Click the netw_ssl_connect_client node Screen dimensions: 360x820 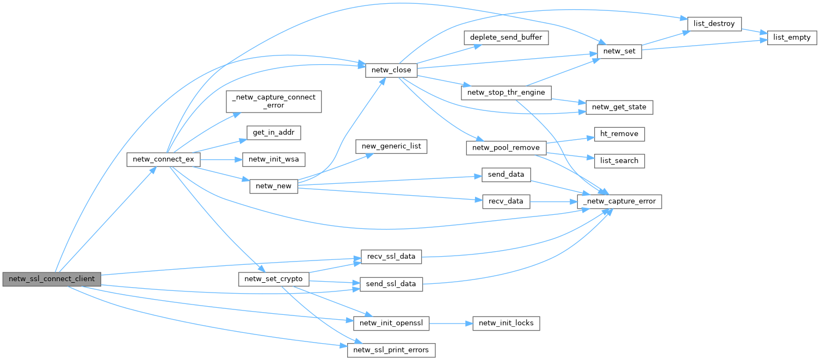(52, 279)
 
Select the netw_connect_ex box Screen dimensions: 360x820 (163, 160)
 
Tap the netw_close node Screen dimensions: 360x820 (391, 70)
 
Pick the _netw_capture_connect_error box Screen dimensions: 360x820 (274, 101)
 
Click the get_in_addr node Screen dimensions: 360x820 (266, 132)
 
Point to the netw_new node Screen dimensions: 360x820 (274, 187)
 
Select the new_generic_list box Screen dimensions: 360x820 (392, 146)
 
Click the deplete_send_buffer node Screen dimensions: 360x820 (505, 38)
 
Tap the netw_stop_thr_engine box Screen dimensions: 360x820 (505, 92)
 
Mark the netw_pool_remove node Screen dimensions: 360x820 (505, 147)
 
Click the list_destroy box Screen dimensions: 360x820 (714, 23)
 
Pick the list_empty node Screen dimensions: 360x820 (792, 38)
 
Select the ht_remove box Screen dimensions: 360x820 (619, 134)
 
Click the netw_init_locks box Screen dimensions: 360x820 (506, 323)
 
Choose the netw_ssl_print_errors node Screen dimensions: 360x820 (392, 350)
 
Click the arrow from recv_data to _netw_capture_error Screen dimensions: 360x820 (553, 201)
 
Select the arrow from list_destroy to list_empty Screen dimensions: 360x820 (754, 31)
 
